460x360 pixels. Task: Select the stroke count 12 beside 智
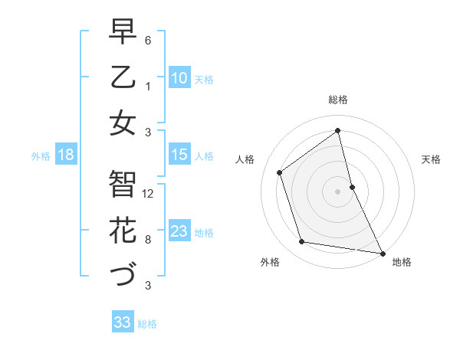coord(149,194)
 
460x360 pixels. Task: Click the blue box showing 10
coord(179,77)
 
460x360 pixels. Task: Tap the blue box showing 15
coord(179,155)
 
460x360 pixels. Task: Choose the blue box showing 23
coord(179,231)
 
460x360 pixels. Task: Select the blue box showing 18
coord(65,155)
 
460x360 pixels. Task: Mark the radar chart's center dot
coord(337,191)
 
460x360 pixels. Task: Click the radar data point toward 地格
coord(381,252)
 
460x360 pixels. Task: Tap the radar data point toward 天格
coord(352,187)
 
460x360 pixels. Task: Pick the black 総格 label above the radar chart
coord(337,100)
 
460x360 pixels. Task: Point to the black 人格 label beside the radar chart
coord(245,159)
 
